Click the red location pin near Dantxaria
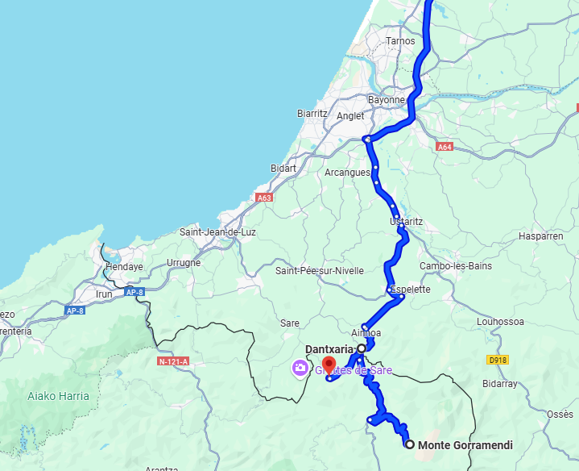pos(329,364)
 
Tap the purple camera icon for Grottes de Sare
pos(300,369)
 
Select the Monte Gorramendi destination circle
pos(410,444)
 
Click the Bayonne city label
pos(387,100)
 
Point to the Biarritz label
pos(312,114)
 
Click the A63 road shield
pos(263,198)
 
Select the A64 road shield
pos(445,147)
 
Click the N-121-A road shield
pos(173,362)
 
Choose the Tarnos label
pos(400,41)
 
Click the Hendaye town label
pos(125,267)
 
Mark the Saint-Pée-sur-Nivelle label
pos(320,271)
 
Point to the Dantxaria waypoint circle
pos(362,348)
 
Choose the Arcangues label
pos(347,173)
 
